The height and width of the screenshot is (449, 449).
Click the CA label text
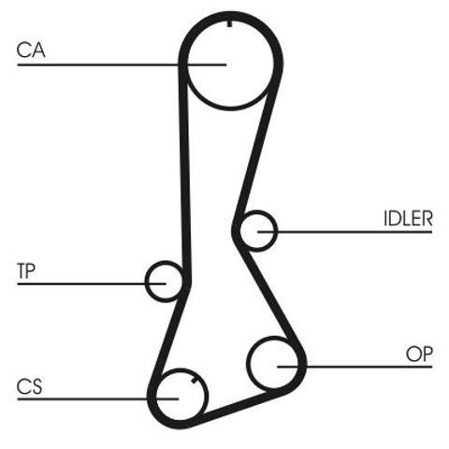31,51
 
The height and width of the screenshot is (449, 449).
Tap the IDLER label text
408,219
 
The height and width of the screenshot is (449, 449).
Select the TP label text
26,270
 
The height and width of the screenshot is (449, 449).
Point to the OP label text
419,355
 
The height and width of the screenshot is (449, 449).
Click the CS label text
29,386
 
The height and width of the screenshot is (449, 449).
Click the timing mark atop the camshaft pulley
229,23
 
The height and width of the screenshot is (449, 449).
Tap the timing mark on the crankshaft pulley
194,380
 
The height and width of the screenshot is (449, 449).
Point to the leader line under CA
122,65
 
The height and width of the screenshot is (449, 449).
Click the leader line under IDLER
345,232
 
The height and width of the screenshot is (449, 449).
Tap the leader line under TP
92,283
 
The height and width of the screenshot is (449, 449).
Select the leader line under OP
355,367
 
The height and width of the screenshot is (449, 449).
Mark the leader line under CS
98,398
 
